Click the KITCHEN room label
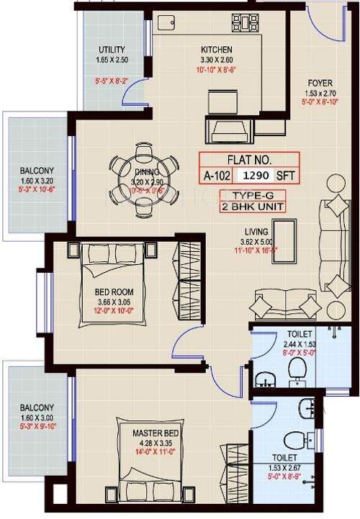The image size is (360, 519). click(x=215, y=50)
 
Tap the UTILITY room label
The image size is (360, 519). click(x=112, y=50)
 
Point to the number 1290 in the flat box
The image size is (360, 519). click(x=259, y=174)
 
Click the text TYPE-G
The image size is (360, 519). click(x=248, y=195)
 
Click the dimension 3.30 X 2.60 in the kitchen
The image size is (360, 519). click(x=215, y=60)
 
